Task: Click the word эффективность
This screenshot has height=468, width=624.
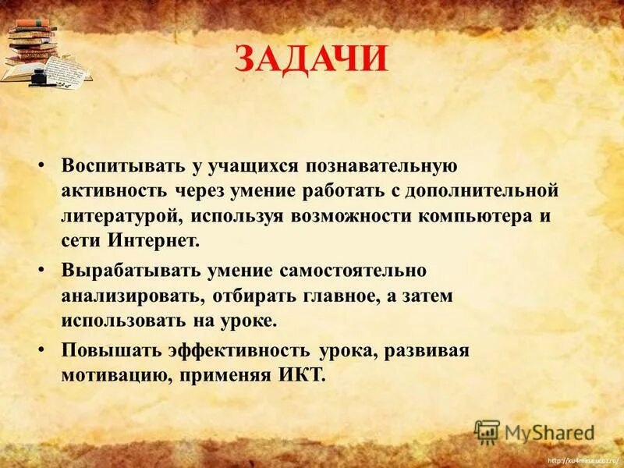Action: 236,349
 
